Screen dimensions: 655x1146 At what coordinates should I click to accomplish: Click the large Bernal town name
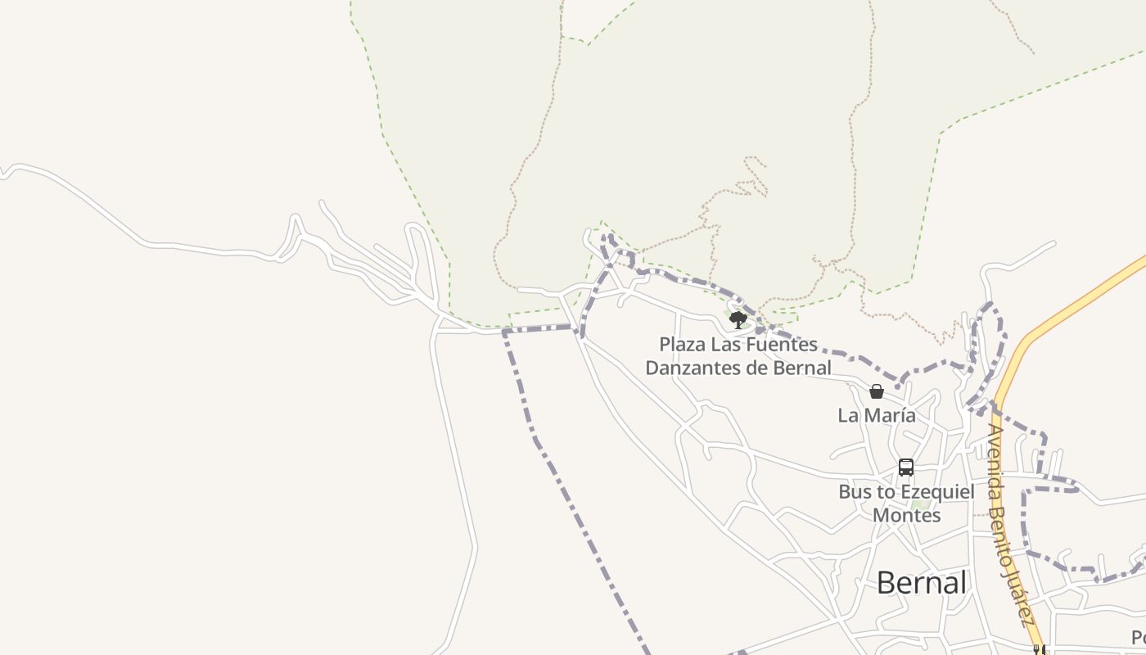coord(922,583)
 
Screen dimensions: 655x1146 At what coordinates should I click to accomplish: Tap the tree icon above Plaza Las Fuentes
coord(738,319)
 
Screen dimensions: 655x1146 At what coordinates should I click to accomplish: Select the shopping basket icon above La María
coord(877,391)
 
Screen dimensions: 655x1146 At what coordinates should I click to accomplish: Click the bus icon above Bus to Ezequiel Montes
coord(906,468)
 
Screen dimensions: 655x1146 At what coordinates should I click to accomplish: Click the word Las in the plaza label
coord(724,345)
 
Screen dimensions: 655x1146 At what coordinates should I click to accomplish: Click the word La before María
coord(848,416)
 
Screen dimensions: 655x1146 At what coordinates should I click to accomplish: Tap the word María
coord(890,416)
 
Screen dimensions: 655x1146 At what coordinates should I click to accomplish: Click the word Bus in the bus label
coord(855,492)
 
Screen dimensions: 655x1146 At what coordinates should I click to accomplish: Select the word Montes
coord(906,516)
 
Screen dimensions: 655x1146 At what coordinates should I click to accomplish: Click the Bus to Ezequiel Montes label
coord(906,504)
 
